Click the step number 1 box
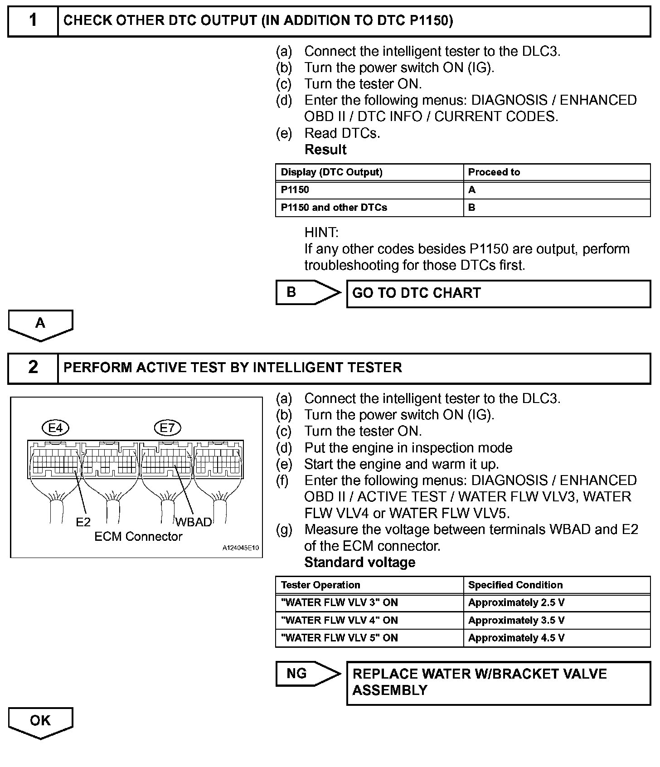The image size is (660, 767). tap(33, 21)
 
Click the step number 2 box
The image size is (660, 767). tap(33, 368)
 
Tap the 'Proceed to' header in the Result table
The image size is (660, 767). tap(494, 172)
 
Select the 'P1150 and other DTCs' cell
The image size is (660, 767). tap(334, 208)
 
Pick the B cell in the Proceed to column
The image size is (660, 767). tap(472, 208)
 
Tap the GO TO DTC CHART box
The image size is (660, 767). tap(498, 293)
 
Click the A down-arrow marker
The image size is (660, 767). tap(40, 325)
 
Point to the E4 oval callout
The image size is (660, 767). tap(55, 428)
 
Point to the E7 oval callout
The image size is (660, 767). tap(167, 428)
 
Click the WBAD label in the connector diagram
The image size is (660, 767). tap(194, 522)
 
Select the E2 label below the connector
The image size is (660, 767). tap(83, 523)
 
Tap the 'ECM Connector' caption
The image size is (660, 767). tap(138, 537)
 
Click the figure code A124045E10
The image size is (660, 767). tap(240, 548)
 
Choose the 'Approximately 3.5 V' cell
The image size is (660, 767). tap(516, 621)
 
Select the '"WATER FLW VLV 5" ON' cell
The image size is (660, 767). tap(340, 638)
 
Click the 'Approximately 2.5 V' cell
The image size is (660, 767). tap(516, 603)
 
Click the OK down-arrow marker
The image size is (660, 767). tap(40, 722)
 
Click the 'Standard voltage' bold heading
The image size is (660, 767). tap(360, 563)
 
